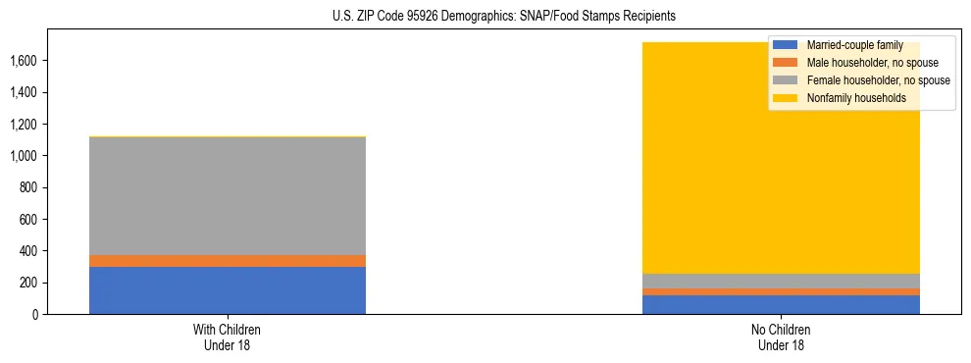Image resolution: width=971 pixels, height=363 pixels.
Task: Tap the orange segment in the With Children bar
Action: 228,261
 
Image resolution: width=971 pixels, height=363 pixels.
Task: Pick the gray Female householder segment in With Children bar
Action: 228,196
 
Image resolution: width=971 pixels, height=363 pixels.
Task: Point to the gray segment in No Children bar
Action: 781,282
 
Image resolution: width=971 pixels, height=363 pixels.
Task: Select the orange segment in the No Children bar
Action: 781,291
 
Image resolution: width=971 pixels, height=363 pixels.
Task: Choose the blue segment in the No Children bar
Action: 781,305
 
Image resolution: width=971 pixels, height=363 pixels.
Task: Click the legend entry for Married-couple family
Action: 848,45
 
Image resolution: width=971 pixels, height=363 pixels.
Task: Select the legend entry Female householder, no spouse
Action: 877,80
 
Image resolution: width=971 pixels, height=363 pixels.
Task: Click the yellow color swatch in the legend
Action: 786,98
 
